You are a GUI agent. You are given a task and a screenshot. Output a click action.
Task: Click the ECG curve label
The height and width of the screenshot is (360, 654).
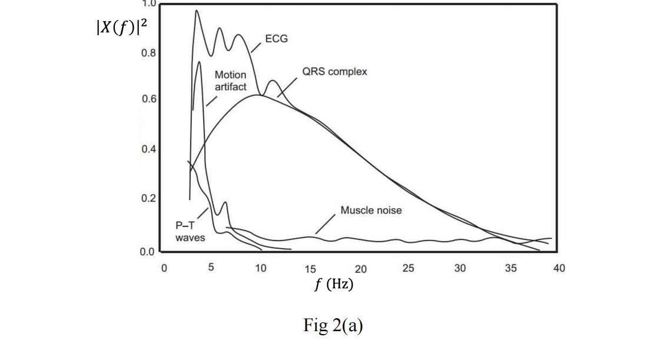click(277, 40)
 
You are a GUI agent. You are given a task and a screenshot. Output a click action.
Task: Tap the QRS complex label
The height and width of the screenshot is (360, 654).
click(334, 72)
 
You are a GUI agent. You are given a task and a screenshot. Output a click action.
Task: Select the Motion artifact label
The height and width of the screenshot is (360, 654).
click(230, 81)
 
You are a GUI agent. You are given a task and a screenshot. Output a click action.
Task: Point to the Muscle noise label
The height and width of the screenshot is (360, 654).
click(371, 210)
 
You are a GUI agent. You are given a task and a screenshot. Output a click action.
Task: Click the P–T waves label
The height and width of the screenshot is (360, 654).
click(190, 232)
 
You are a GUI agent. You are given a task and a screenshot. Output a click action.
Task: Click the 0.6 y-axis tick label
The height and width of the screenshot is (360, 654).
click(148, 99)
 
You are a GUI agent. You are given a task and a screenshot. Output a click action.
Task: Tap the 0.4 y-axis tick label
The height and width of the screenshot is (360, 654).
click(148, 149)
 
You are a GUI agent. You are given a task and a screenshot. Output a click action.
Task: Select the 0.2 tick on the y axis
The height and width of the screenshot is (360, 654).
click(148, 198)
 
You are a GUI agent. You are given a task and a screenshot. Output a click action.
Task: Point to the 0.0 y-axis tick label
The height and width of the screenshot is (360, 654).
click(147, 252)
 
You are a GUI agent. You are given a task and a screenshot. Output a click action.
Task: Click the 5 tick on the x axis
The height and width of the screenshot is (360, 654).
click(211, 268)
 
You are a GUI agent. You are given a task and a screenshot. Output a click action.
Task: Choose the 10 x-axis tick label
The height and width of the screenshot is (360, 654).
click(260, 268)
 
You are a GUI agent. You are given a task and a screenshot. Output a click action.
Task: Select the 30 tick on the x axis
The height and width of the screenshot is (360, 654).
click(460, 268)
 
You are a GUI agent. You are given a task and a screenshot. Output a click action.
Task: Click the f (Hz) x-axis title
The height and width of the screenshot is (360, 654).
click(333, 284)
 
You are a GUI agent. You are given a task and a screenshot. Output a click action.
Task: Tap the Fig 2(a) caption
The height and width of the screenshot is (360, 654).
click(333, 325)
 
